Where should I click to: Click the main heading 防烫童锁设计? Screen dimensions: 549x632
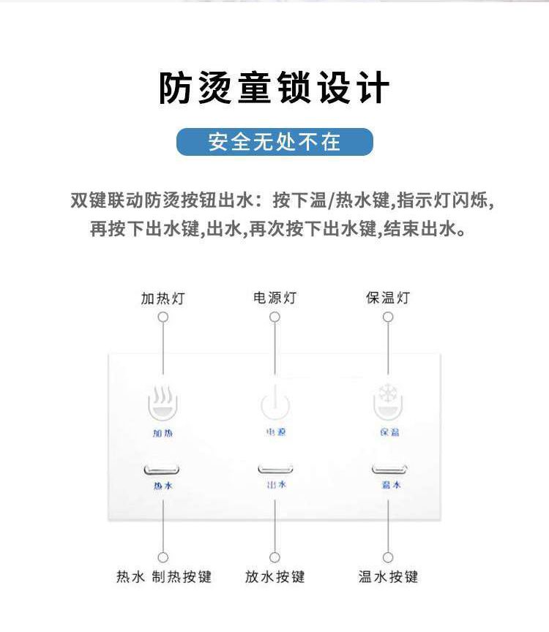click(x=274, y=89)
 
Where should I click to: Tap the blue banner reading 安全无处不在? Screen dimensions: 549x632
click(x=274, y=142)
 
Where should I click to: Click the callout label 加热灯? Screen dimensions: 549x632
click(x=163, y=298)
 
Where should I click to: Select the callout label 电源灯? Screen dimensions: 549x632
click(x=274, y=298)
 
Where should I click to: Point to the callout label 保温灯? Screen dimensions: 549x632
click(x=388, y=298)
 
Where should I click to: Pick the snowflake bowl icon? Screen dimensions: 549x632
click(x=388, y=402)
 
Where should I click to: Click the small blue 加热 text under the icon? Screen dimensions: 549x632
click(x=163, y=433)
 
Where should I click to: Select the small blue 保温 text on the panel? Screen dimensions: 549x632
click(x=389, y=432)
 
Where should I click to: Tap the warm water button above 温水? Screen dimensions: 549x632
click(x=389, y=470)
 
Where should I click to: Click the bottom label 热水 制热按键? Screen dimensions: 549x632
click(x=164, y=577)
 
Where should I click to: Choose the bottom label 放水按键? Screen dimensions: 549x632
click(x=274, y=577)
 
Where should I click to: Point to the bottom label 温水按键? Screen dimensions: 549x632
click(x=388, y=577)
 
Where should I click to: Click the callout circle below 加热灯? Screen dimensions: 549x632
click(x=163, y=317)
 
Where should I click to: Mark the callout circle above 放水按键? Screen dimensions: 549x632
click(x=274, y=557)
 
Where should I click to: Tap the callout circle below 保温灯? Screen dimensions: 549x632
click(x=388, y=317)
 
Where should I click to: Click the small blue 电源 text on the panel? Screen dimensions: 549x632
click(x=276, y=432)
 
